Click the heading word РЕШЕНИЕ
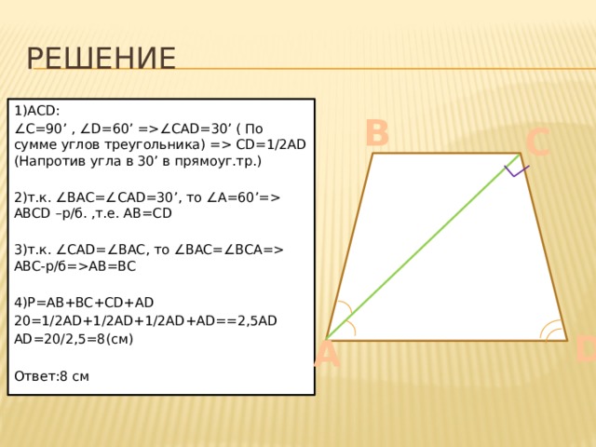click(x=102, y=58)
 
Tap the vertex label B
click(x=377, y=133)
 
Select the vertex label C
click(x=538, y=142)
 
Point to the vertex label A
click(x=327, y=355)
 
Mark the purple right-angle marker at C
click(x=515, y=171)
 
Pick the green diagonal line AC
click(x=423, y=246)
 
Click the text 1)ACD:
click(x=37, y=111)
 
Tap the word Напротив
click(x=50, y=161)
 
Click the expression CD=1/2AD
click(x=271, y=144)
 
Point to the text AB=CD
click(x=147, y=213)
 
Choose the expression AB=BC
click(x=112, y=266)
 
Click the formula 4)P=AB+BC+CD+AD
click(x=84, y=303)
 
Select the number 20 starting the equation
click(x=21, y=321)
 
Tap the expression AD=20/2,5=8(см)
click(x=74, y=339)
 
